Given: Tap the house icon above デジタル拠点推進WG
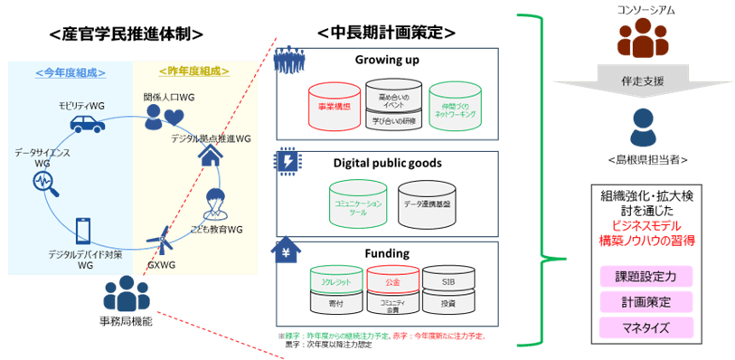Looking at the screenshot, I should (x=210, y=156).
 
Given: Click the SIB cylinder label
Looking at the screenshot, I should (x=449, y=280).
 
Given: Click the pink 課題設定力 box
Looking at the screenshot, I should (x=645, y=275).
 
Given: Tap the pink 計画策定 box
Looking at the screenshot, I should (x=645, y=301).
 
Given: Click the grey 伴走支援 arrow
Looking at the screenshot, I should (x=640, y=81).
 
